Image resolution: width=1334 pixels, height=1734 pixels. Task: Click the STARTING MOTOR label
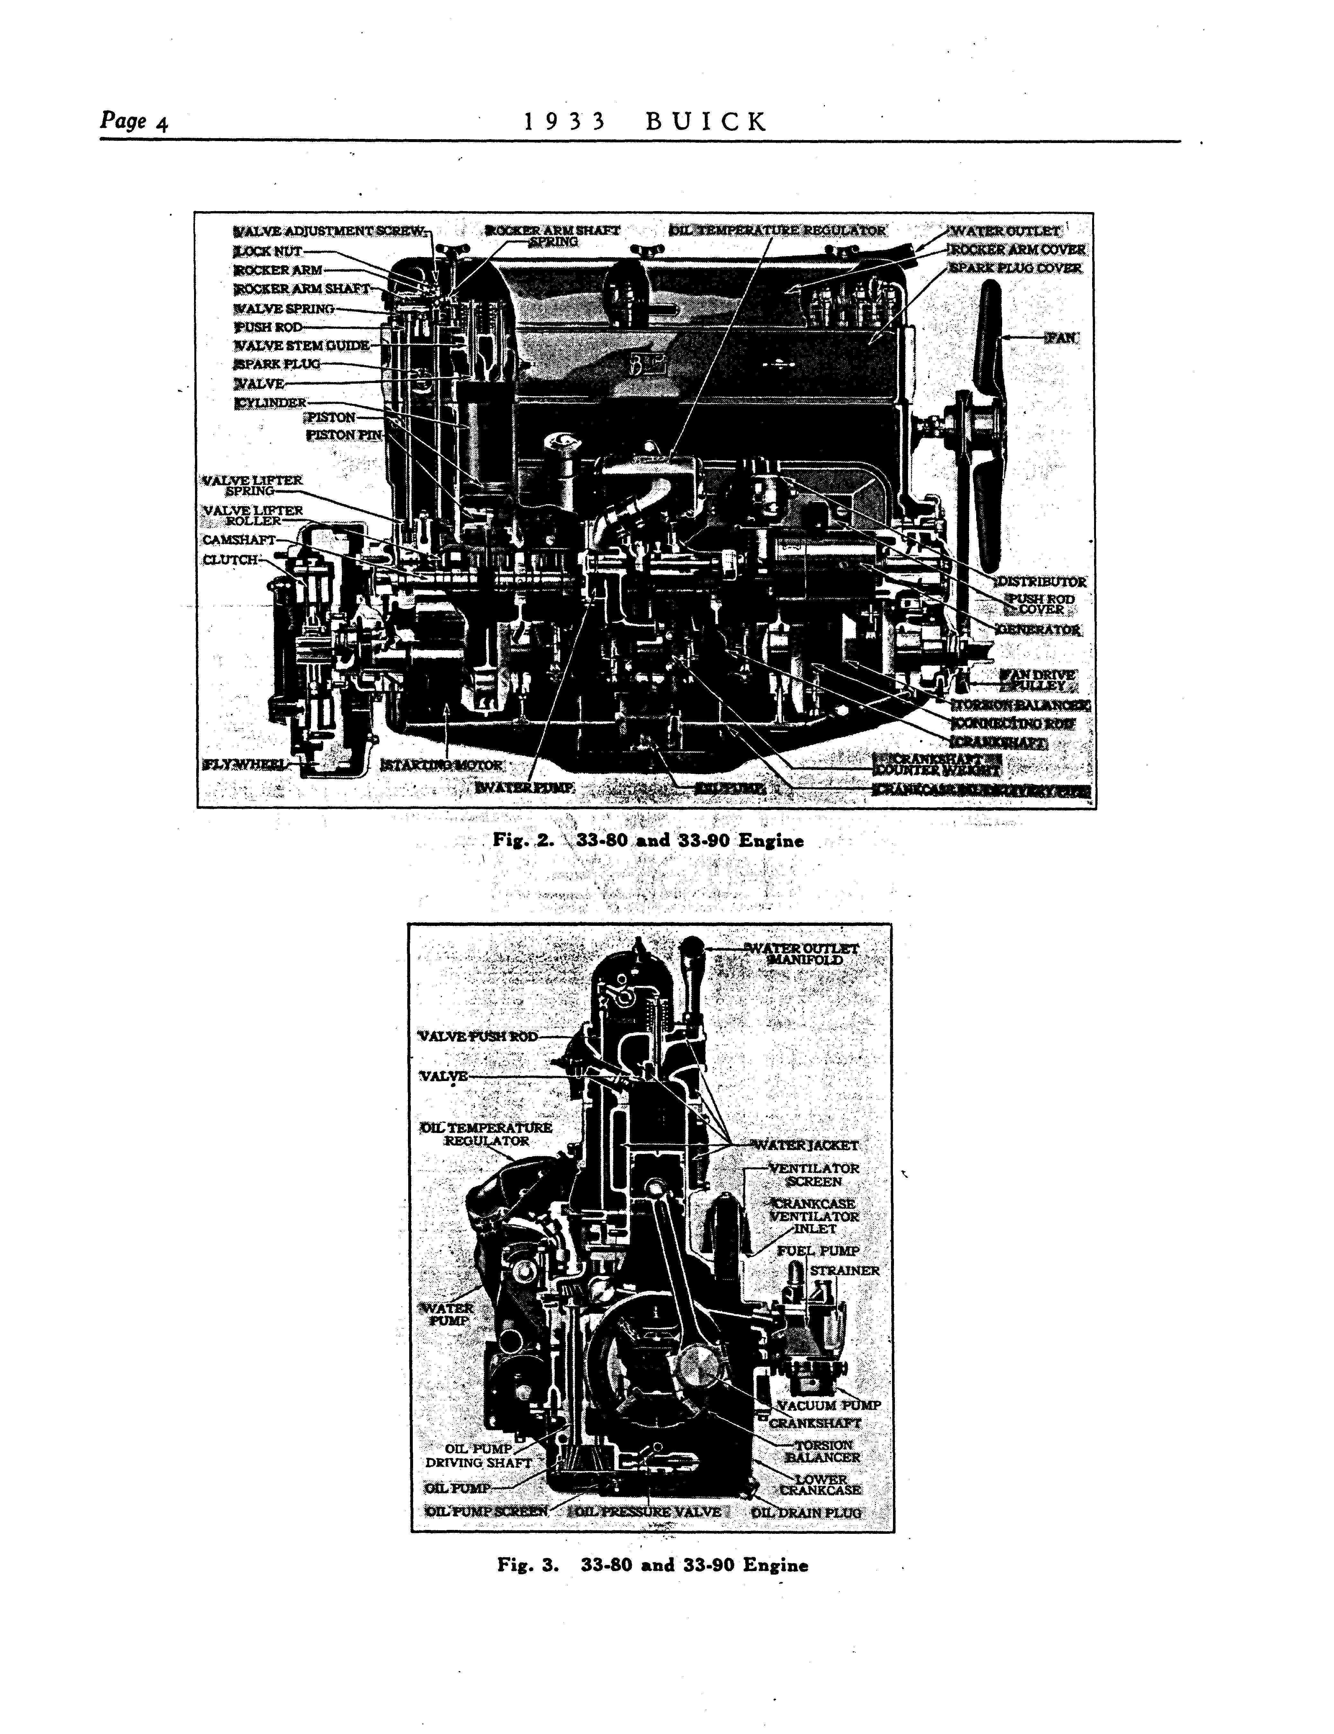click(x=442, y=764)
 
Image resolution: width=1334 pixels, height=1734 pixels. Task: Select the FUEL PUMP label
click(x=818, y=1250)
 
